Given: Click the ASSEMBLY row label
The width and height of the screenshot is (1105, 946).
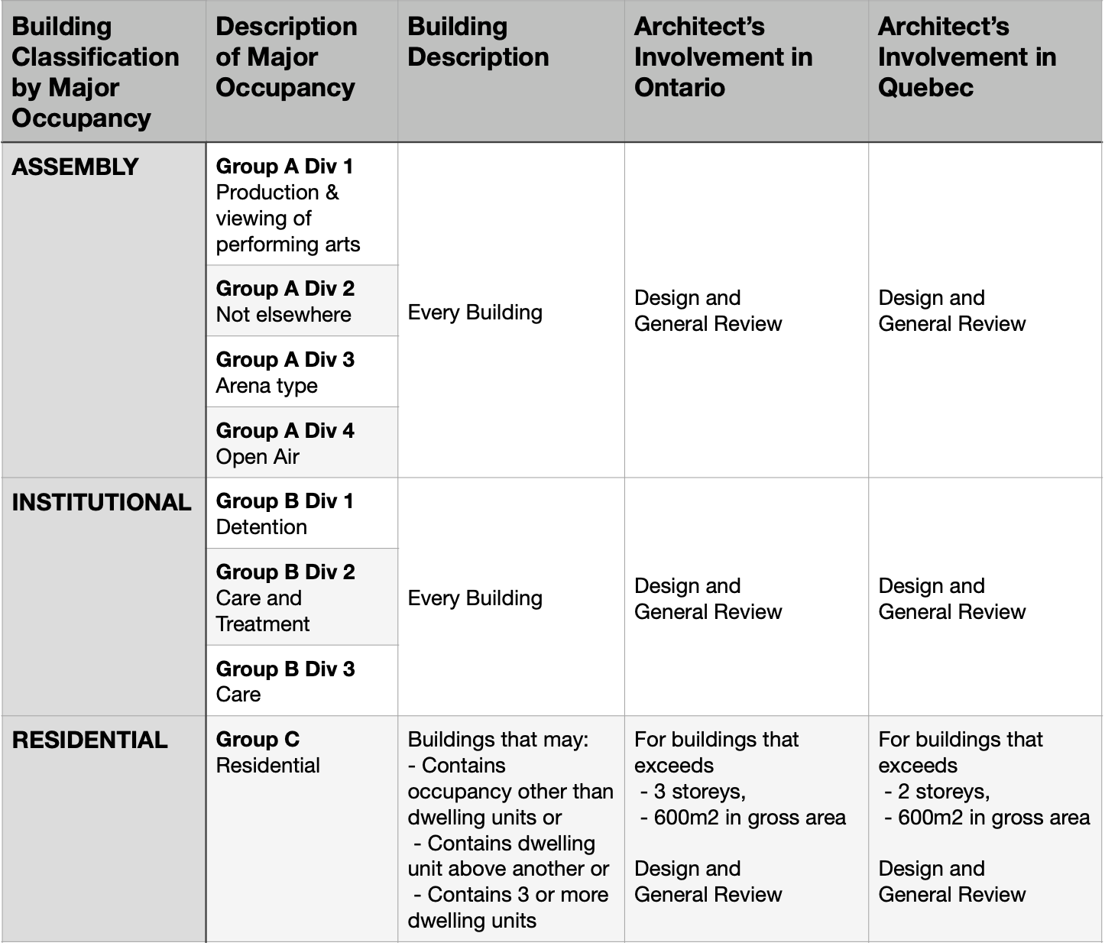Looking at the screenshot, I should click(75, 167).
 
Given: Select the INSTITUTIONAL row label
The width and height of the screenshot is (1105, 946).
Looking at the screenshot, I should click(102, 502).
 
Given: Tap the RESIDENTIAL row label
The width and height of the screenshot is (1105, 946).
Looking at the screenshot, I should click(89, 740).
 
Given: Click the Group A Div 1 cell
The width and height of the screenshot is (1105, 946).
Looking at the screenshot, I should click(288, 205).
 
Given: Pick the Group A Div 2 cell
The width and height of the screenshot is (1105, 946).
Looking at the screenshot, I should click(285, 301).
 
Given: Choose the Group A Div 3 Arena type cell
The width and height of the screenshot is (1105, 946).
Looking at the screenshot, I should click(285, 372).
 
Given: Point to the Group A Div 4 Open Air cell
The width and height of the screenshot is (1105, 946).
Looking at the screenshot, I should click(285, 443).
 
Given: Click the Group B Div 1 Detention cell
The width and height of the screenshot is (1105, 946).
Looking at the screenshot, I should click(284, 513).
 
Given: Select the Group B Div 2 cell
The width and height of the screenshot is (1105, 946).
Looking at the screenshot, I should click(285, 598).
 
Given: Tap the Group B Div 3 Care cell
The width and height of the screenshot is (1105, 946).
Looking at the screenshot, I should click(285, 681).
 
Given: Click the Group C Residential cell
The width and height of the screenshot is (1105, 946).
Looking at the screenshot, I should click(267, 752).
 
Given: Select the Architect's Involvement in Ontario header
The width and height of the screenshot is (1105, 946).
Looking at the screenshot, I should click(723, 57).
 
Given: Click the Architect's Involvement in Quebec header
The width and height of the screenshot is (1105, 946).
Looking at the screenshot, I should click(967, 57).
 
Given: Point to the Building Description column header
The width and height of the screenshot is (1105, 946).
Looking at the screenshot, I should click(478, 42).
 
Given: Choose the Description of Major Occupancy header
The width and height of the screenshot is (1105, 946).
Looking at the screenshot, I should click(287, 57).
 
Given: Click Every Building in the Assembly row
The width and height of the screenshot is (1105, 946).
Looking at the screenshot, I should click(475, 313).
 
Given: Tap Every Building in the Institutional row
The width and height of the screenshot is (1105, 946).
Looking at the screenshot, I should click(475, 598).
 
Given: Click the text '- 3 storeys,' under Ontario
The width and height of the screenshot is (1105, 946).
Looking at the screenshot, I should click(693, 792).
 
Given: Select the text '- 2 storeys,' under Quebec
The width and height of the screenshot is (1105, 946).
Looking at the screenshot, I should click(937, 792).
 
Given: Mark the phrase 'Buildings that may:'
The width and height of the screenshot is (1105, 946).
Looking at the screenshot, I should click(498, 740).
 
